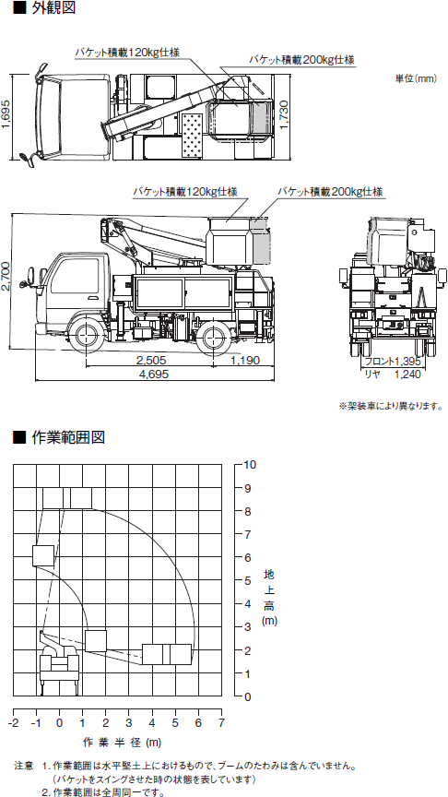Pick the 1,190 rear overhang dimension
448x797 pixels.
(245, 361)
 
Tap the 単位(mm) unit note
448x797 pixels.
(416, 78)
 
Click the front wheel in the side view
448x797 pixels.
(86, 336)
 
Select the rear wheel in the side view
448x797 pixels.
(214, 336)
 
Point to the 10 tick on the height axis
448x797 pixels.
(251, 464)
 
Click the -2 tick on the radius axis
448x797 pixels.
(13, 722)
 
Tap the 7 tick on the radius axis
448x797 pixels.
(221, 722)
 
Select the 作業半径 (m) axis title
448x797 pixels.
(122, 742)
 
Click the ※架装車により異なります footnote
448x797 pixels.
(391, 406)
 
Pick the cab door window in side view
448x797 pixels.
(76, 275)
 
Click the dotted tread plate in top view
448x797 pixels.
(193, 135)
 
